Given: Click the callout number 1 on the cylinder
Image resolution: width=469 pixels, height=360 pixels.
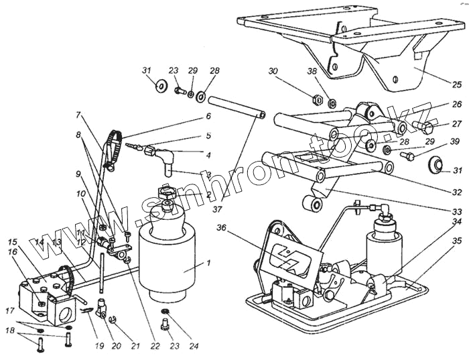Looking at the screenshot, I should [208, 263].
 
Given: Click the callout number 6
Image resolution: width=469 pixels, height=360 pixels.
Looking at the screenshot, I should [208, 116].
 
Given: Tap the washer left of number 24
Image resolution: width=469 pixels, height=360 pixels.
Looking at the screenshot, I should [165, 313].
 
